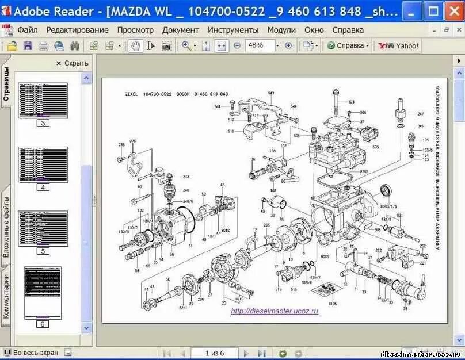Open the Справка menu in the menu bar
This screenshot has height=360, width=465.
tap(348, 30)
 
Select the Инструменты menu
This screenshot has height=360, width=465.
tap(233, 30)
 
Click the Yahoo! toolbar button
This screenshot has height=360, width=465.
tap(398, 45)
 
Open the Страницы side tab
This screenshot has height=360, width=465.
tap(6, 85)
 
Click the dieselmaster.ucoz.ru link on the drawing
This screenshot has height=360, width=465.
tap(274, 311)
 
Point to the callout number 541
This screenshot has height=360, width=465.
tap(271, 93)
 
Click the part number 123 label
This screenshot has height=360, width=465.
tap(351, 102)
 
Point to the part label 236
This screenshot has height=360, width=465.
tap(121, 145)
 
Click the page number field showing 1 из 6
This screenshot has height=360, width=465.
tap(214, 353)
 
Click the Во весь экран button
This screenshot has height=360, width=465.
tap(36, 353)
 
